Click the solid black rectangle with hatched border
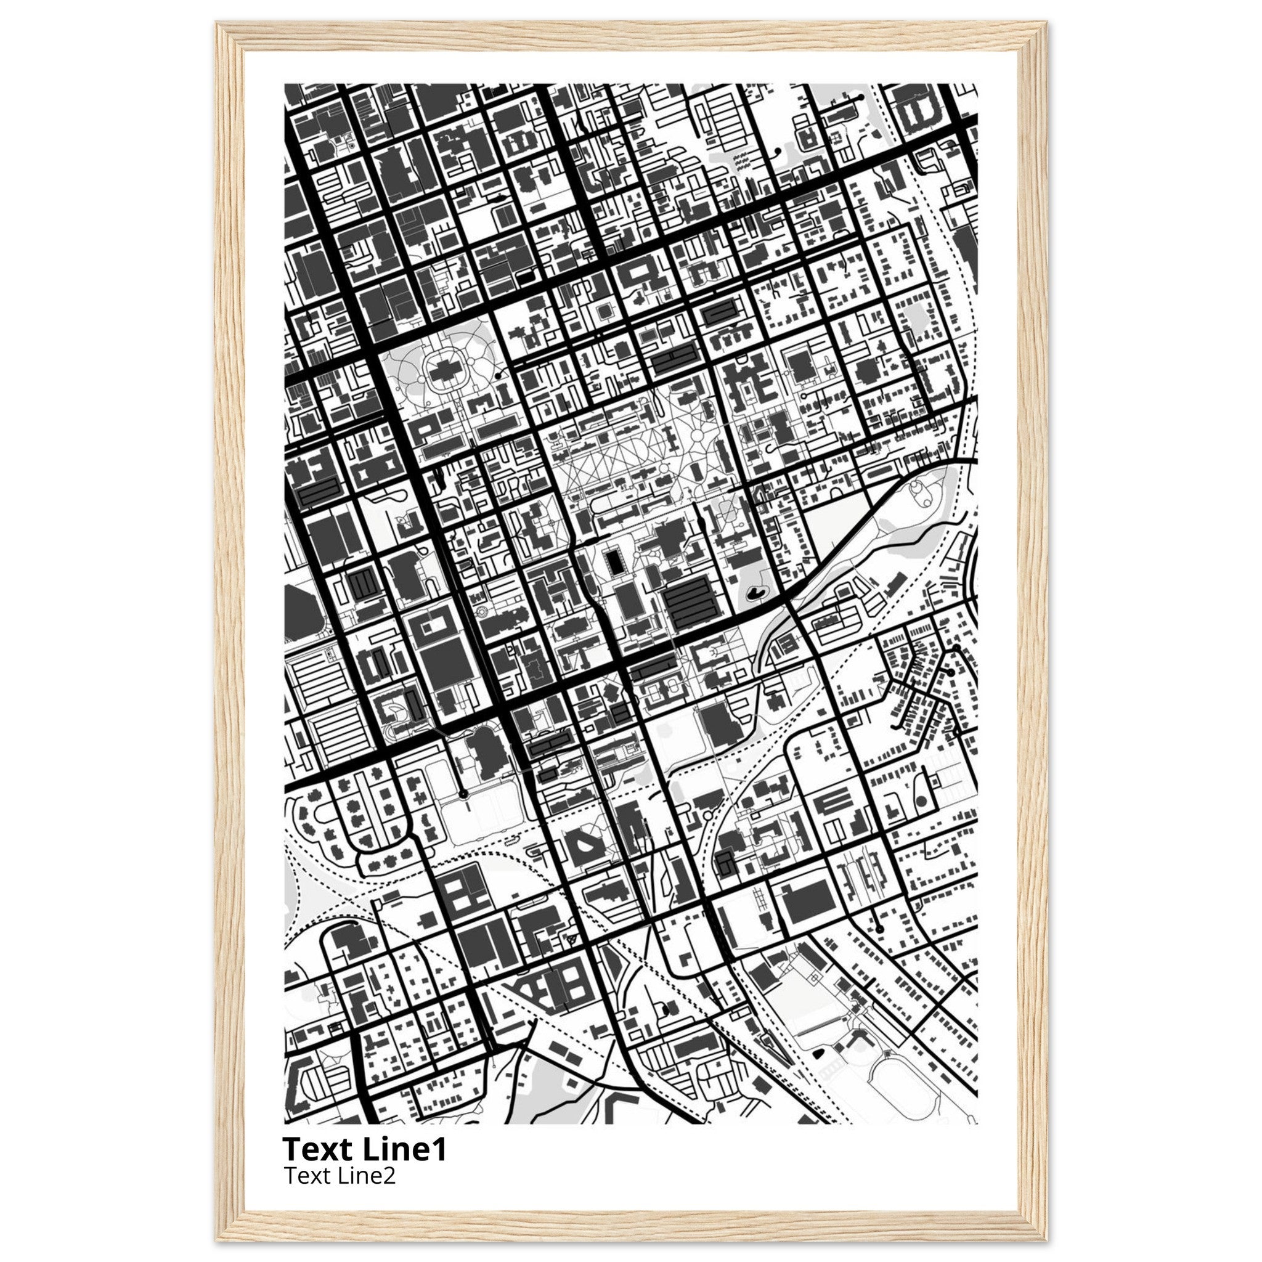pyautogui.click(x=613, y=562)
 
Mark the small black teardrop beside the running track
pyautogui.click(x=819, y=1052)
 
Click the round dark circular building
pyautogui.click(x=922, y=801)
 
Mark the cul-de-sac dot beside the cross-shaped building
pyautogui.click(x=499, y=376)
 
